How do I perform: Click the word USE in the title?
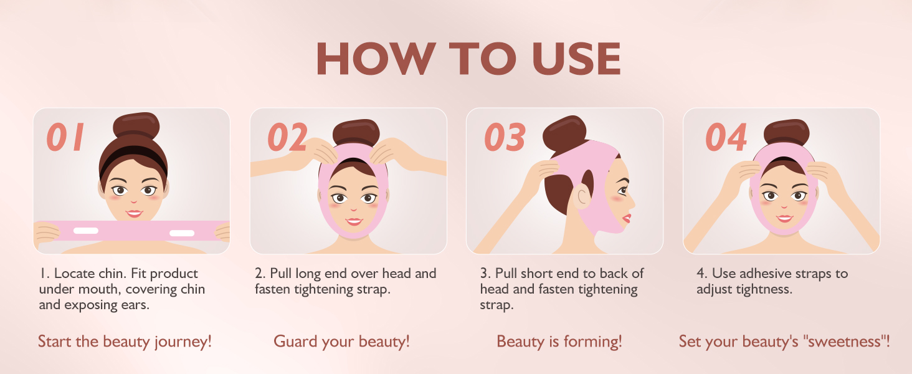click(x=576, y=59)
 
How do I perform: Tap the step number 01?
click(x=65, y=137)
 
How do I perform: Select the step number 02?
click(x=287, y=137)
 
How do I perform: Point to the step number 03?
click(x=505, y=137)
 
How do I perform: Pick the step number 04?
click(x=726, y=137)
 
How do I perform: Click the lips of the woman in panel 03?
click(x=627, y=218)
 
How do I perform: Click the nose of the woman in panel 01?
click(x=133, y=201)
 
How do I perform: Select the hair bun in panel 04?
click(x=786, y=132)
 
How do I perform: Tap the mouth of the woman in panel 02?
click(x=354, y=221)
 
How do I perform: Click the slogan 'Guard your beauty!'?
click(x=341, y=342)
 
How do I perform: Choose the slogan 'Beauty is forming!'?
click(x=559, y=342)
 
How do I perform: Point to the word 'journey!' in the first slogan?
click(x=183, y=342)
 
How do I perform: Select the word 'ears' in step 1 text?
click(x=135, y=305)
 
